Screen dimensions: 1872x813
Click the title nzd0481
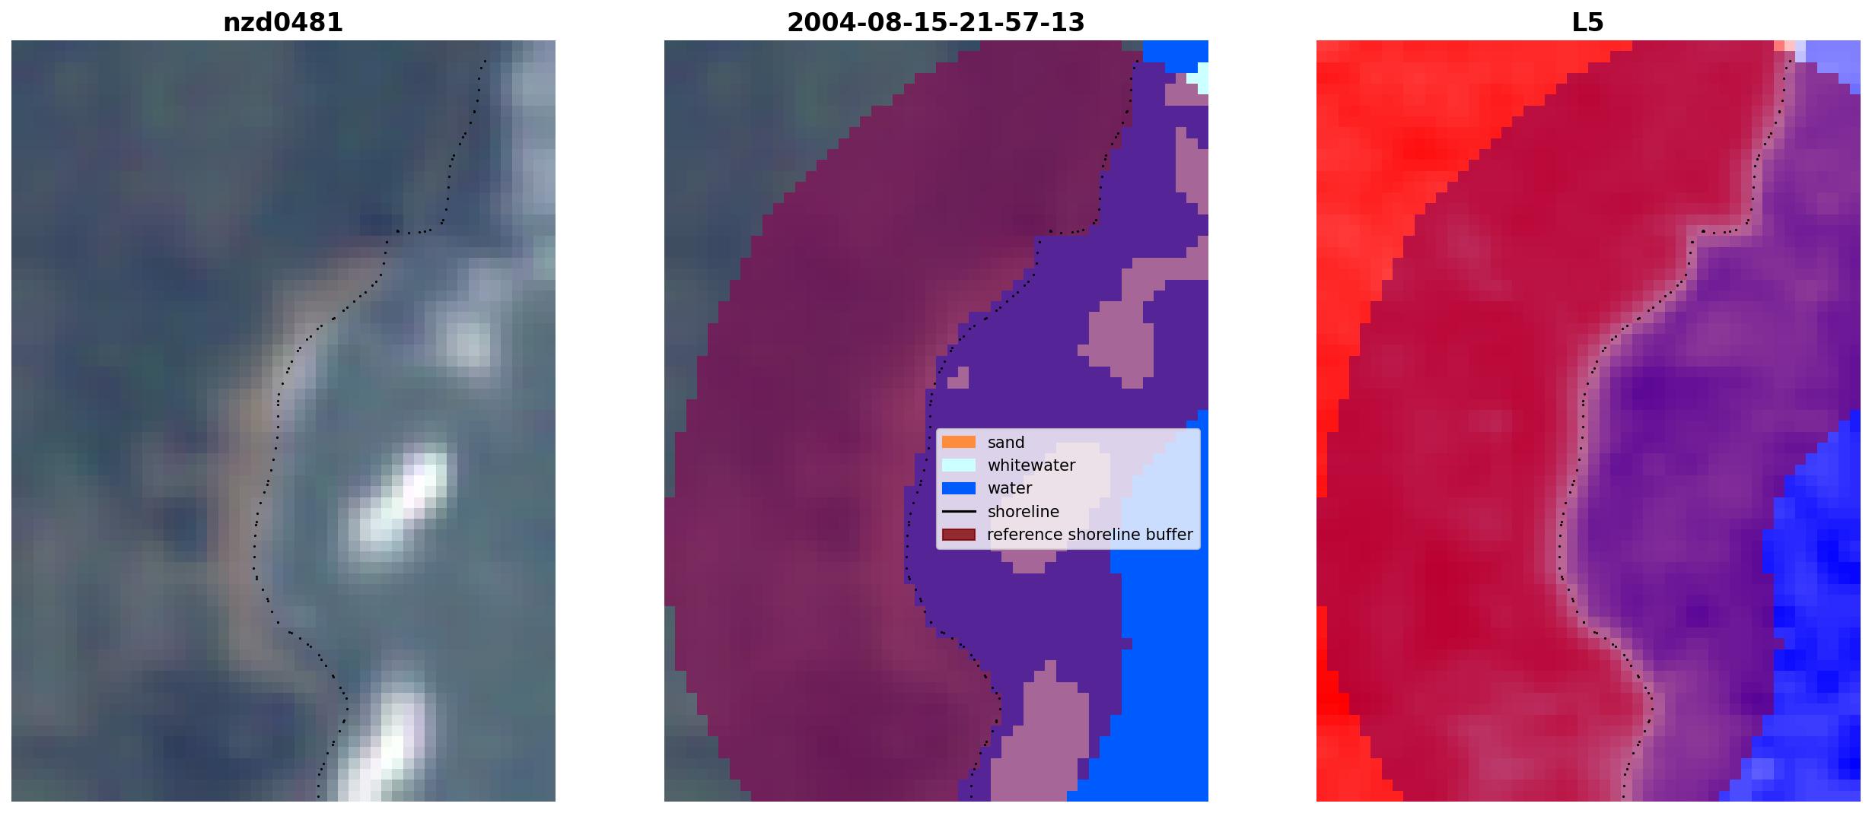coord(283,23)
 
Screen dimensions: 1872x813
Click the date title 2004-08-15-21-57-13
coord(935,23)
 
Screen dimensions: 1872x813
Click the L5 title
coord(1587,23)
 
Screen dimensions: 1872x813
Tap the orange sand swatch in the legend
coord(959,442)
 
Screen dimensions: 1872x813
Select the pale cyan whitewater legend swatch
coord(959,465)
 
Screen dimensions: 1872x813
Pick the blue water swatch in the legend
coord(959,488)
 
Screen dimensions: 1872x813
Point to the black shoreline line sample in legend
coord(959,512)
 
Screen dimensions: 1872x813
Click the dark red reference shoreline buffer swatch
coord(959,535)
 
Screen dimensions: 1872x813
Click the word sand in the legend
coord(1006,443)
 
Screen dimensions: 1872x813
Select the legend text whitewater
coord(1031,465)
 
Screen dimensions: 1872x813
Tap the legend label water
coord(1010,488)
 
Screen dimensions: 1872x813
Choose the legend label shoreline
coord(1024,512)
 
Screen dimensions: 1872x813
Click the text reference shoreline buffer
coord(1090,535)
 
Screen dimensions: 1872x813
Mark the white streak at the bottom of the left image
coord(380,742)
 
